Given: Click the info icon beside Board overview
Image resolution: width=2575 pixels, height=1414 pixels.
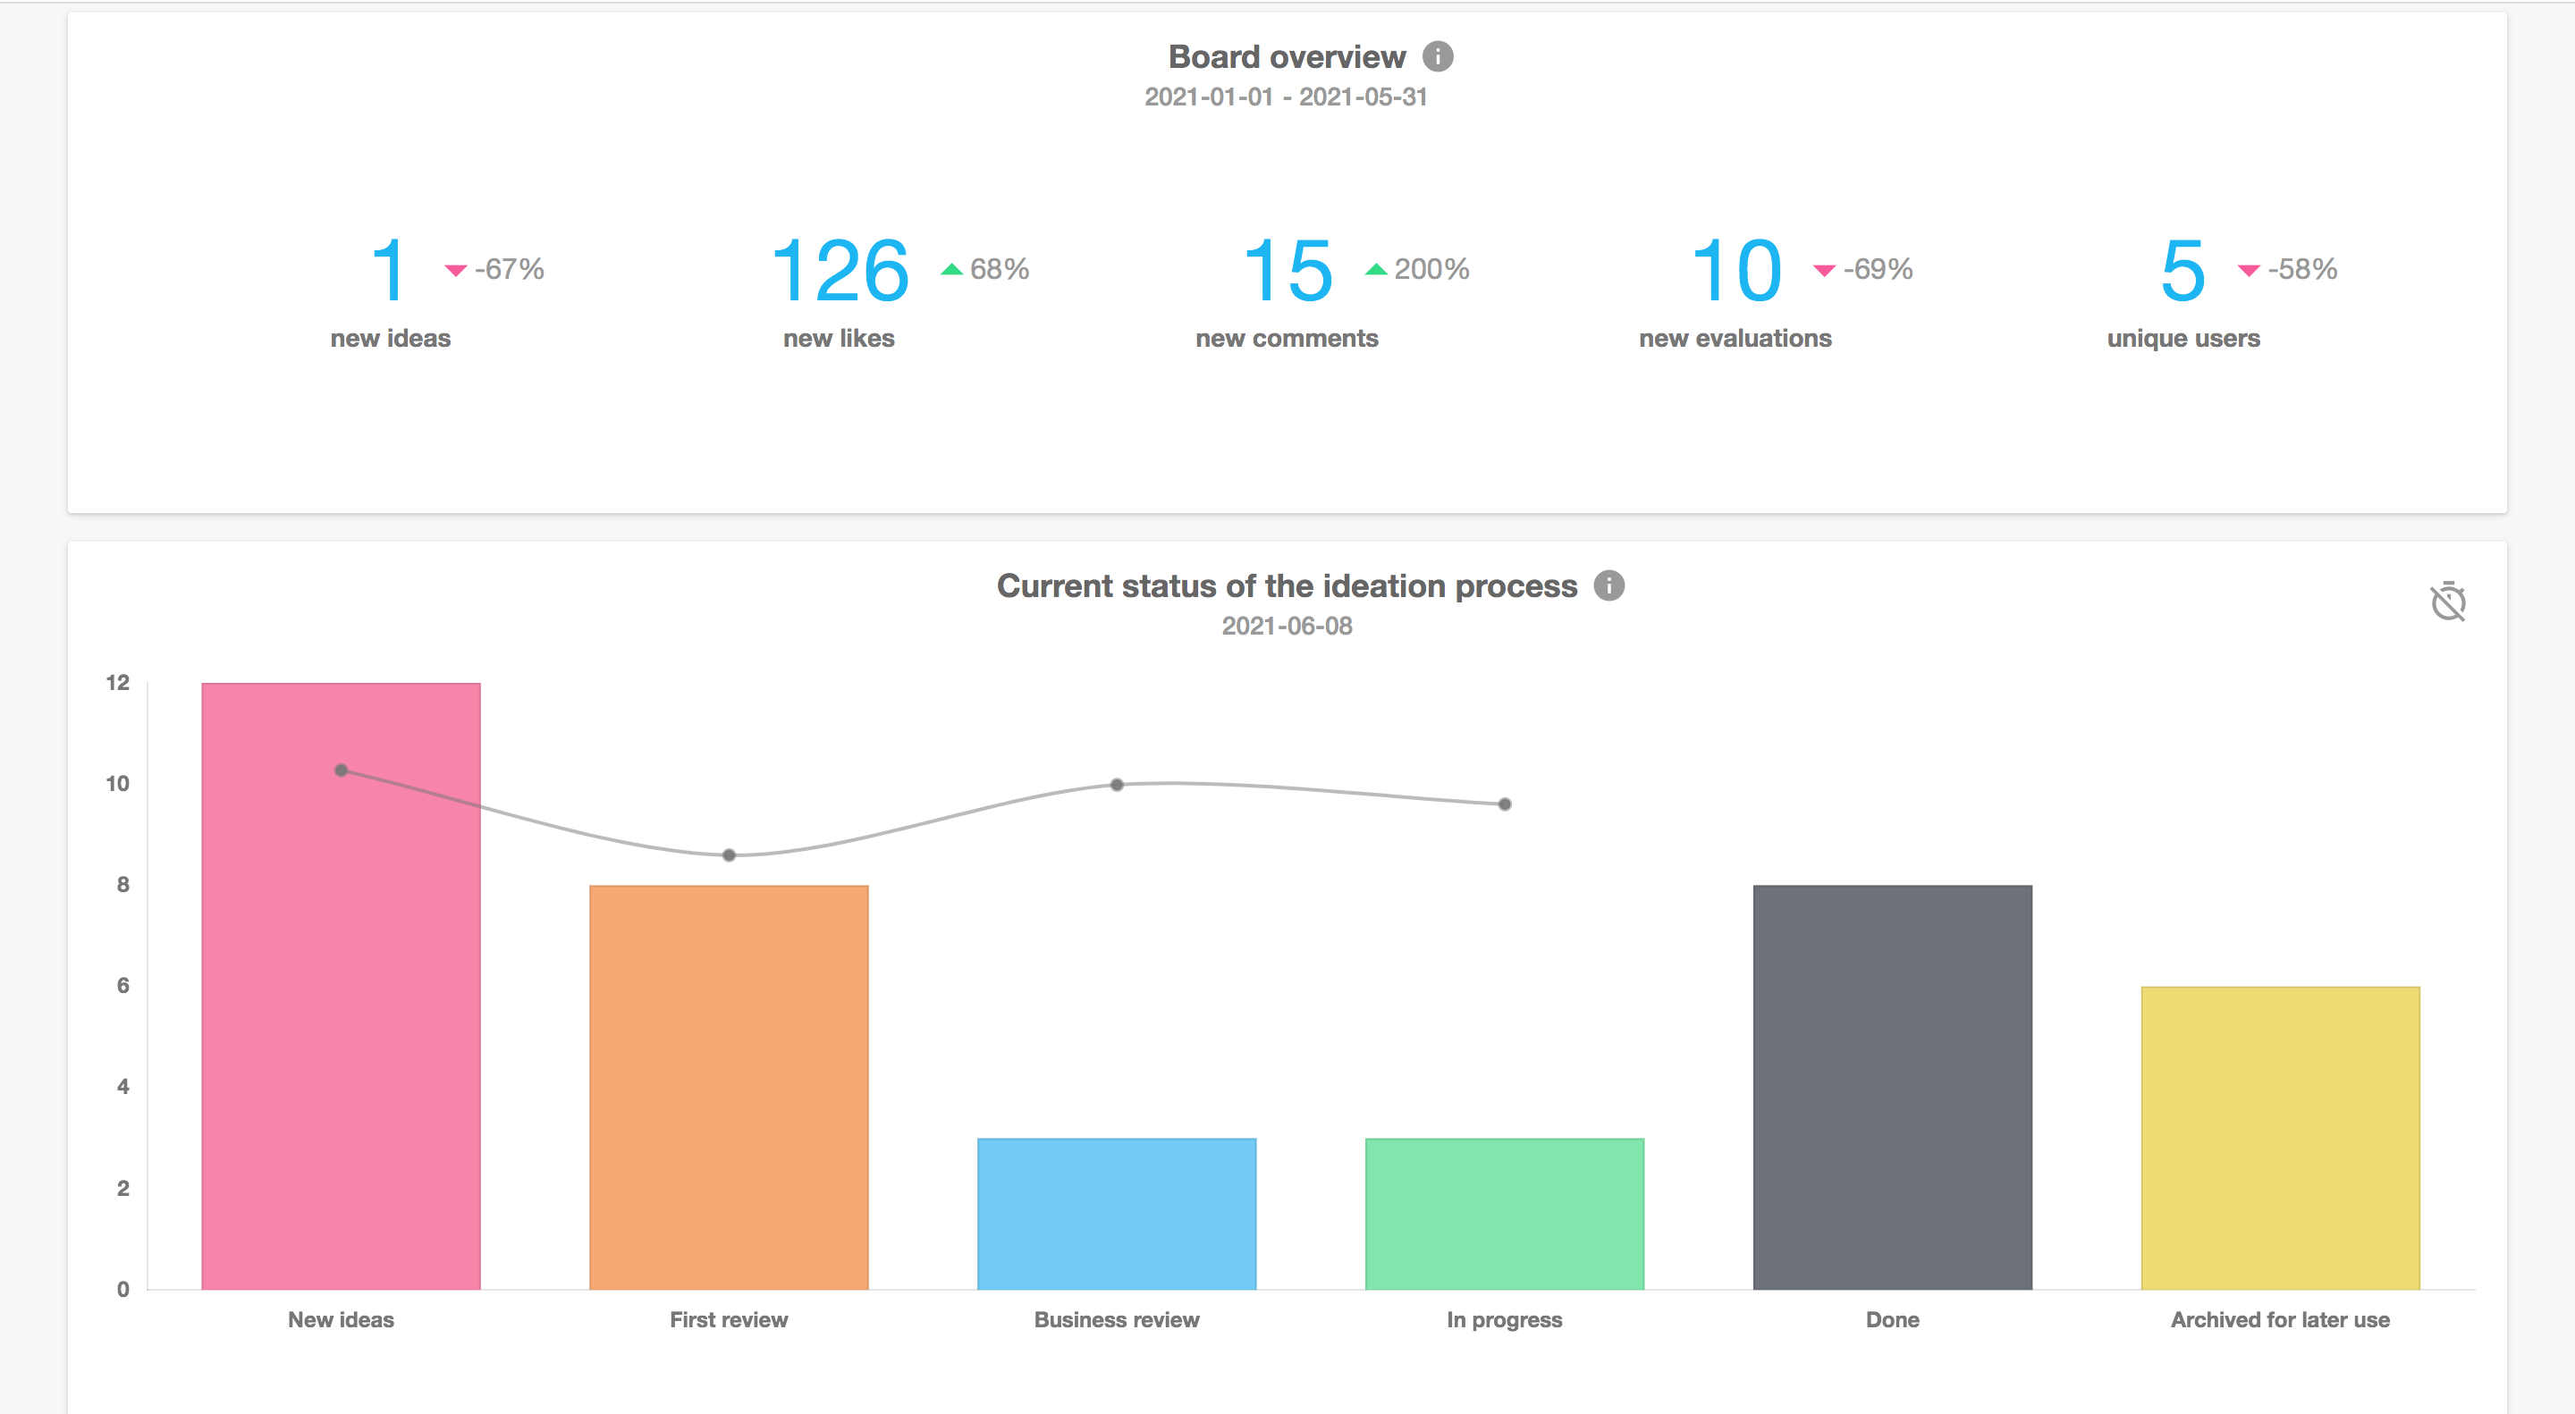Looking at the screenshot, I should point(1438,57).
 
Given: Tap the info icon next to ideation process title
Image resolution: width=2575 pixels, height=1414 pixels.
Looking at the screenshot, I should point(1608,585).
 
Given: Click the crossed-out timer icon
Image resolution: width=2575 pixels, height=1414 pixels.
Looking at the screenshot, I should point(2448,602).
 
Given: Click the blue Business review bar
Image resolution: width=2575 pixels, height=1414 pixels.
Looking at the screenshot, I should point(1117,1213).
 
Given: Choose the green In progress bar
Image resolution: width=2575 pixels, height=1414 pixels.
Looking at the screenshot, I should point(1505,1213).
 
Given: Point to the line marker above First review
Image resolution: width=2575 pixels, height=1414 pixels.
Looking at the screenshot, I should point(729,855).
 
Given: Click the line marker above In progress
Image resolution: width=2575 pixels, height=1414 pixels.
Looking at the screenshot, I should point(1505,804).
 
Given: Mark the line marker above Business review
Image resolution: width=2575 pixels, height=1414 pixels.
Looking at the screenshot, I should point(1117,785).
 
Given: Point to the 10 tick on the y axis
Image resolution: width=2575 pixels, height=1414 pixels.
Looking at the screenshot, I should point(118,784).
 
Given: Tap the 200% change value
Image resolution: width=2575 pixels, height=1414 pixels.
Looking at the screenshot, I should point(1431,269).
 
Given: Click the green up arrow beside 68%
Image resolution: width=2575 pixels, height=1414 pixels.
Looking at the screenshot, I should point(951,269).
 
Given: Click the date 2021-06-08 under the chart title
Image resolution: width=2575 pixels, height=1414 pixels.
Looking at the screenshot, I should point(1287,627).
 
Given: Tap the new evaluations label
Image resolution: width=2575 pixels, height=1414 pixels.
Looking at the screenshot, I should point(1735,339).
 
